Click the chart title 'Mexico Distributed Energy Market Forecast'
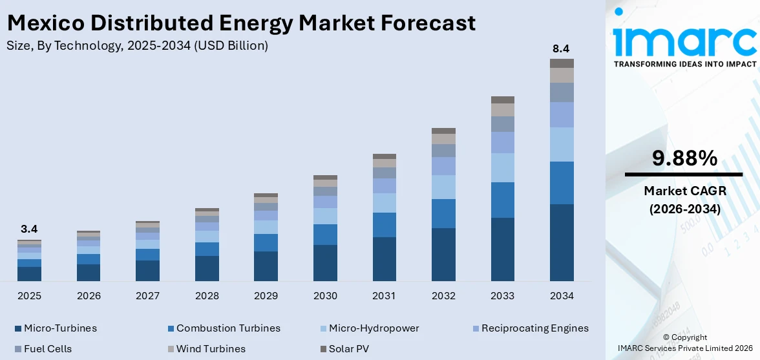pos(241,23)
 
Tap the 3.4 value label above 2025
pos(29,229)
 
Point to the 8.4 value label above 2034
pos(561,48)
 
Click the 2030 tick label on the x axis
pos(325,295)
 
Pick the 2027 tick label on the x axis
pos(147,295)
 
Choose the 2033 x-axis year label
pos(503,295)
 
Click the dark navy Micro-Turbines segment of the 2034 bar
pos(562,242)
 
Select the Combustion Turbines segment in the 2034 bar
pos(562,183)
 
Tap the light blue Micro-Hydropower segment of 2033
pos(503,167)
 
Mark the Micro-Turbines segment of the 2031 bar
pos(384,259)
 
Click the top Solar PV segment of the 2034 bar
pos(562,63)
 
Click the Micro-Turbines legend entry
pos(56,328)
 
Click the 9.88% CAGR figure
pos(684,158)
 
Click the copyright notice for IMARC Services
pos(684,343)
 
